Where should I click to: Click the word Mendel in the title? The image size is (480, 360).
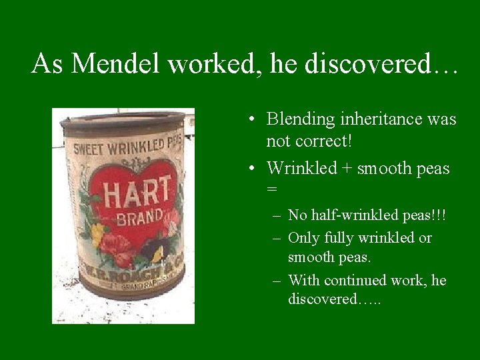coord(117,64)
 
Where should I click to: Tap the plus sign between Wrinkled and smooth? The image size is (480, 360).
coord(344,169)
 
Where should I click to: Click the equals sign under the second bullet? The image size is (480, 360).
coord(271,189)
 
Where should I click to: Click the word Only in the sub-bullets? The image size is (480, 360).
coord(303,238)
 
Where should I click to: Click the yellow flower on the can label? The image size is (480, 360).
coord(98,233)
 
